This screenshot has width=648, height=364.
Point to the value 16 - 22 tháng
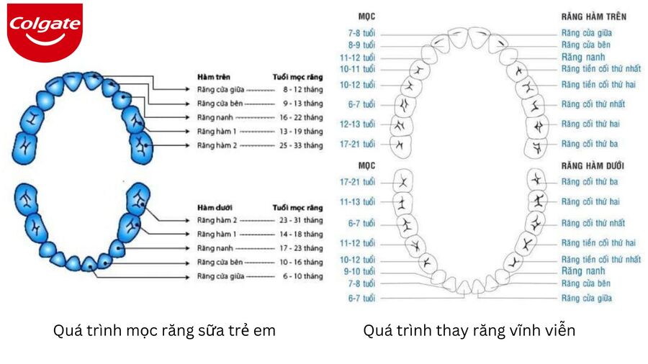[302, 117]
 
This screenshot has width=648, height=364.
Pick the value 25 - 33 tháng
[302, 145]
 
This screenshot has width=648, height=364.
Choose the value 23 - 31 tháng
[302, 220]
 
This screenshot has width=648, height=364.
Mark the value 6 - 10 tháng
[302, 276]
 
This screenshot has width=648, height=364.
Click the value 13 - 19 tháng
[302, 132]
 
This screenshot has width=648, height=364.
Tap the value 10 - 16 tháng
[302, 262]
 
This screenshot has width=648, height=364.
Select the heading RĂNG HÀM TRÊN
[593, 15]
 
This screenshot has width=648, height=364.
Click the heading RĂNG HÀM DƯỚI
[595, 165]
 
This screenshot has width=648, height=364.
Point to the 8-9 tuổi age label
[361, 45]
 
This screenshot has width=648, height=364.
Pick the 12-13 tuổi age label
[359, 124]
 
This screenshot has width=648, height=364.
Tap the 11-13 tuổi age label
[359, 202]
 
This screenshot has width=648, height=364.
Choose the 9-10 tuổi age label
[359, 271]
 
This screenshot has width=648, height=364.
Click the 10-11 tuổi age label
[359, 69]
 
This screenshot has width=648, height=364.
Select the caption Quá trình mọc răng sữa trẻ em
[164, 331]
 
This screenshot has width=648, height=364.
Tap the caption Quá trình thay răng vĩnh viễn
[469, 331]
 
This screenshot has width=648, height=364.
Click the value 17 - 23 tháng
[302, 248]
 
